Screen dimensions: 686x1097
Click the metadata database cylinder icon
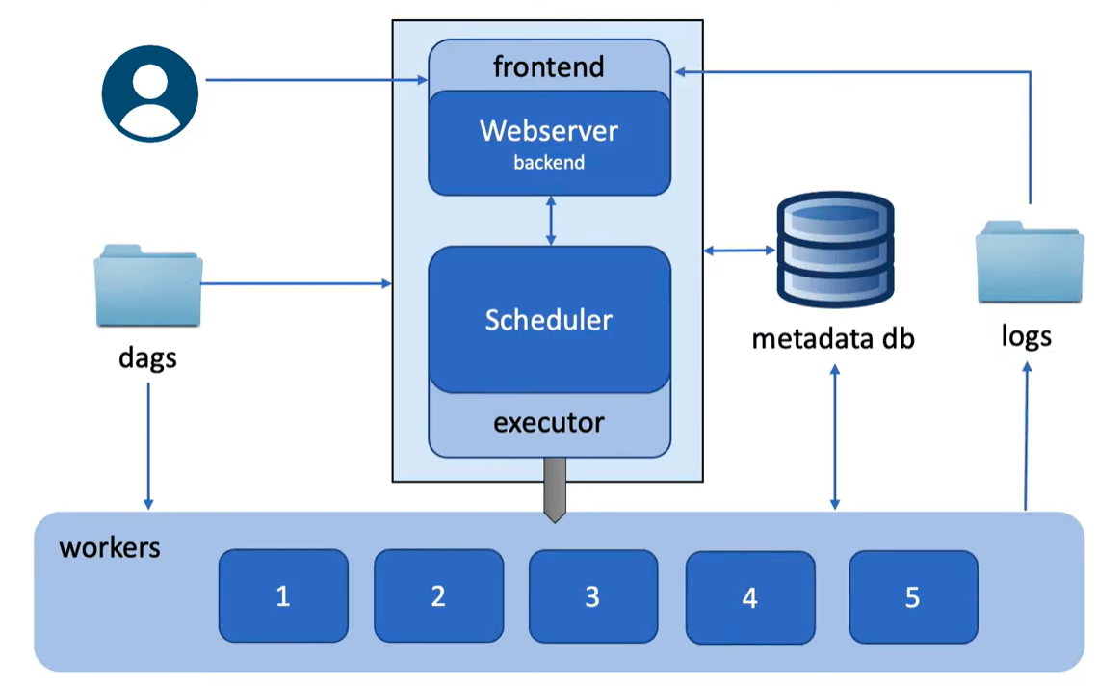[834, 249]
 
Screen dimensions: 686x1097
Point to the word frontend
[548, 66]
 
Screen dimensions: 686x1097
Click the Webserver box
[549, 142]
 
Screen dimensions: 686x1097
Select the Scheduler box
[549, 319]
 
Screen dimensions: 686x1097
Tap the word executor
[549, 422]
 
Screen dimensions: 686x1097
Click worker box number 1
[283, 595]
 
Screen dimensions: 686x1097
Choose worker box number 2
[438, 595]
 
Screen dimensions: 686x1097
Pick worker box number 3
[592, 595]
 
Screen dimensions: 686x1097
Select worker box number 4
[749, 597]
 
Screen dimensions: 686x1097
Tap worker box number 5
[912, 596]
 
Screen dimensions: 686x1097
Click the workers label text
[110, 548]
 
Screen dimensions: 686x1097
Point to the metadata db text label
[833, 338]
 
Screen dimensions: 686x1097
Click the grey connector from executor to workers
[554, 489]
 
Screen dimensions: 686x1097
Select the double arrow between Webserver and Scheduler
[550, 220]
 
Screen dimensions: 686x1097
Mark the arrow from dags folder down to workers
[148, 443]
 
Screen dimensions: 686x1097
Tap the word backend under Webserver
[548, 162]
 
